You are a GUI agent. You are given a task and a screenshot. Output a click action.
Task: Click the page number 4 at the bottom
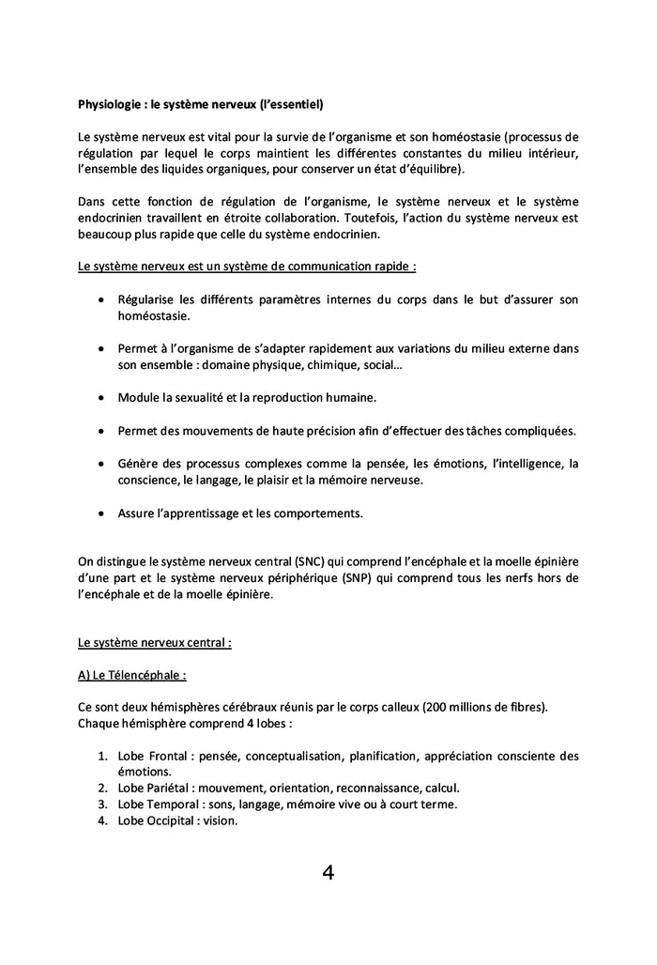point(328,873)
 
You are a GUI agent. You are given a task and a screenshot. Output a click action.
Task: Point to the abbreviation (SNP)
point(354,577)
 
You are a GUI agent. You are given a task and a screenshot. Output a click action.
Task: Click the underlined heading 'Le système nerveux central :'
point(154,643)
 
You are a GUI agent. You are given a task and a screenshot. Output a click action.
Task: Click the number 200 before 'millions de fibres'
point(435,706)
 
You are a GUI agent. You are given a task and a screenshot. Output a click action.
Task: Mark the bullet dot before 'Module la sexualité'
point(101,398)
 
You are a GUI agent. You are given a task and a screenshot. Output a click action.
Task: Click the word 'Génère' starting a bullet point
point(137,464)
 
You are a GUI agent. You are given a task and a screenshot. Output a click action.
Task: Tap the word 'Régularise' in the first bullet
point(148,299)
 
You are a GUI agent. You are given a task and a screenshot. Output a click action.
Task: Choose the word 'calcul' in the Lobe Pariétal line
point(439,788)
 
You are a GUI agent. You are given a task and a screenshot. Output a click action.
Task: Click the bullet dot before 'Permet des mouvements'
point(101,431)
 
